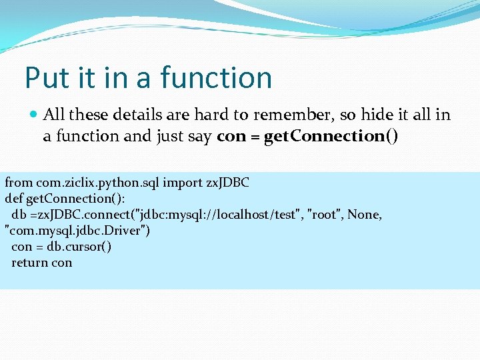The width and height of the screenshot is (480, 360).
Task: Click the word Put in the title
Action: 47,78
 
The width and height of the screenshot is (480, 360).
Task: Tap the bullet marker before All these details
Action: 34,115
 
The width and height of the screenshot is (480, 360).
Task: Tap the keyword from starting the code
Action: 18,183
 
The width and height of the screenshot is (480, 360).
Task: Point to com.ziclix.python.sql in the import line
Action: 97,183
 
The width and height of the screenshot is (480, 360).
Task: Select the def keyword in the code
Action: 14,199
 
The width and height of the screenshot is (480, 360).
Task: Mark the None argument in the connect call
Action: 364,215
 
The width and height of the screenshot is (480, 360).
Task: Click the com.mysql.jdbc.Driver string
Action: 77,231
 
